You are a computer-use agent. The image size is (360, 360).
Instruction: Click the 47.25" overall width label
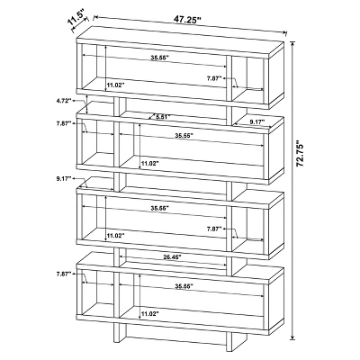(x=186, y=20)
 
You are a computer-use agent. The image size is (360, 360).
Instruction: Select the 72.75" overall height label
(x=300, y=153)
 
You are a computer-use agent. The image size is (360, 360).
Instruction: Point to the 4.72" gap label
(x=63, y=101)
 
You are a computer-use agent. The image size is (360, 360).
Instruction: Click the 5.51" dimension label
(x=163, y=116)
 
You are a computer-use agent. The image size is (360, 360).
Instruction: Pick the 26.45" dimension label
(x=173, y=257)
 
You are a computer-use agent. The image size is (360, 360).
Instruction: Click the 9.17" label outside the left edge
(x=63, y=179)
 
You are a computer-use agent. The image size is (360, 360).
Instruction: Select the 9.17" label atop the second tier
(x=257, y=121)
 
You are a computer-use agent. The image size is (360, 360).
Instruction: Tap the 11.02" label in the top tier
(x=116, y=85)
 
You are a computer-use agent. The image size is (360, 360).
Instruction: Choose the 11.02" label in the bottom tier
(x=149, y=314)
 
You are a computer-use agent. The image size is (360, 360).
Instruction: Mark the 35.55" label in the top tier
(x=160, y=58)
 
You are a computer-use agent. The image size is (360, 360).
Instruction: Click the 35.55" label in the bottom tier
(x=184, y=286)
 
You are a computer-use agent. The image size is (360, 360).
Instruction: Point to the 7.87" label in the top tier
(x=214, y=78)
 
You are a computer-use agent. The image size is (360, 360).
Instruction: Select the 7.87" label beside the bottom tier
(x=64, y=274)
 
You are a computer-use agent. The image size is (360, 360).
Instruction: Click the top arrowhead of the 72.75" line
(x=292, y=43)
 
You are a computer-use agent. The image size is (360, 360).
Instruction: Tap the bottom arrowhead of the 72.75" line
(x=292, y=338)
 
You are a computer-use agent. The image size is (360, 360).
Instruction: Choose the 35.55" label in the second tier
(x=184, y=135)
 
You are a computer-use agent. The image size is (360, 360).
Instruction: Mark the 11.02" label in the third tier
(x=116, y=236)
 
